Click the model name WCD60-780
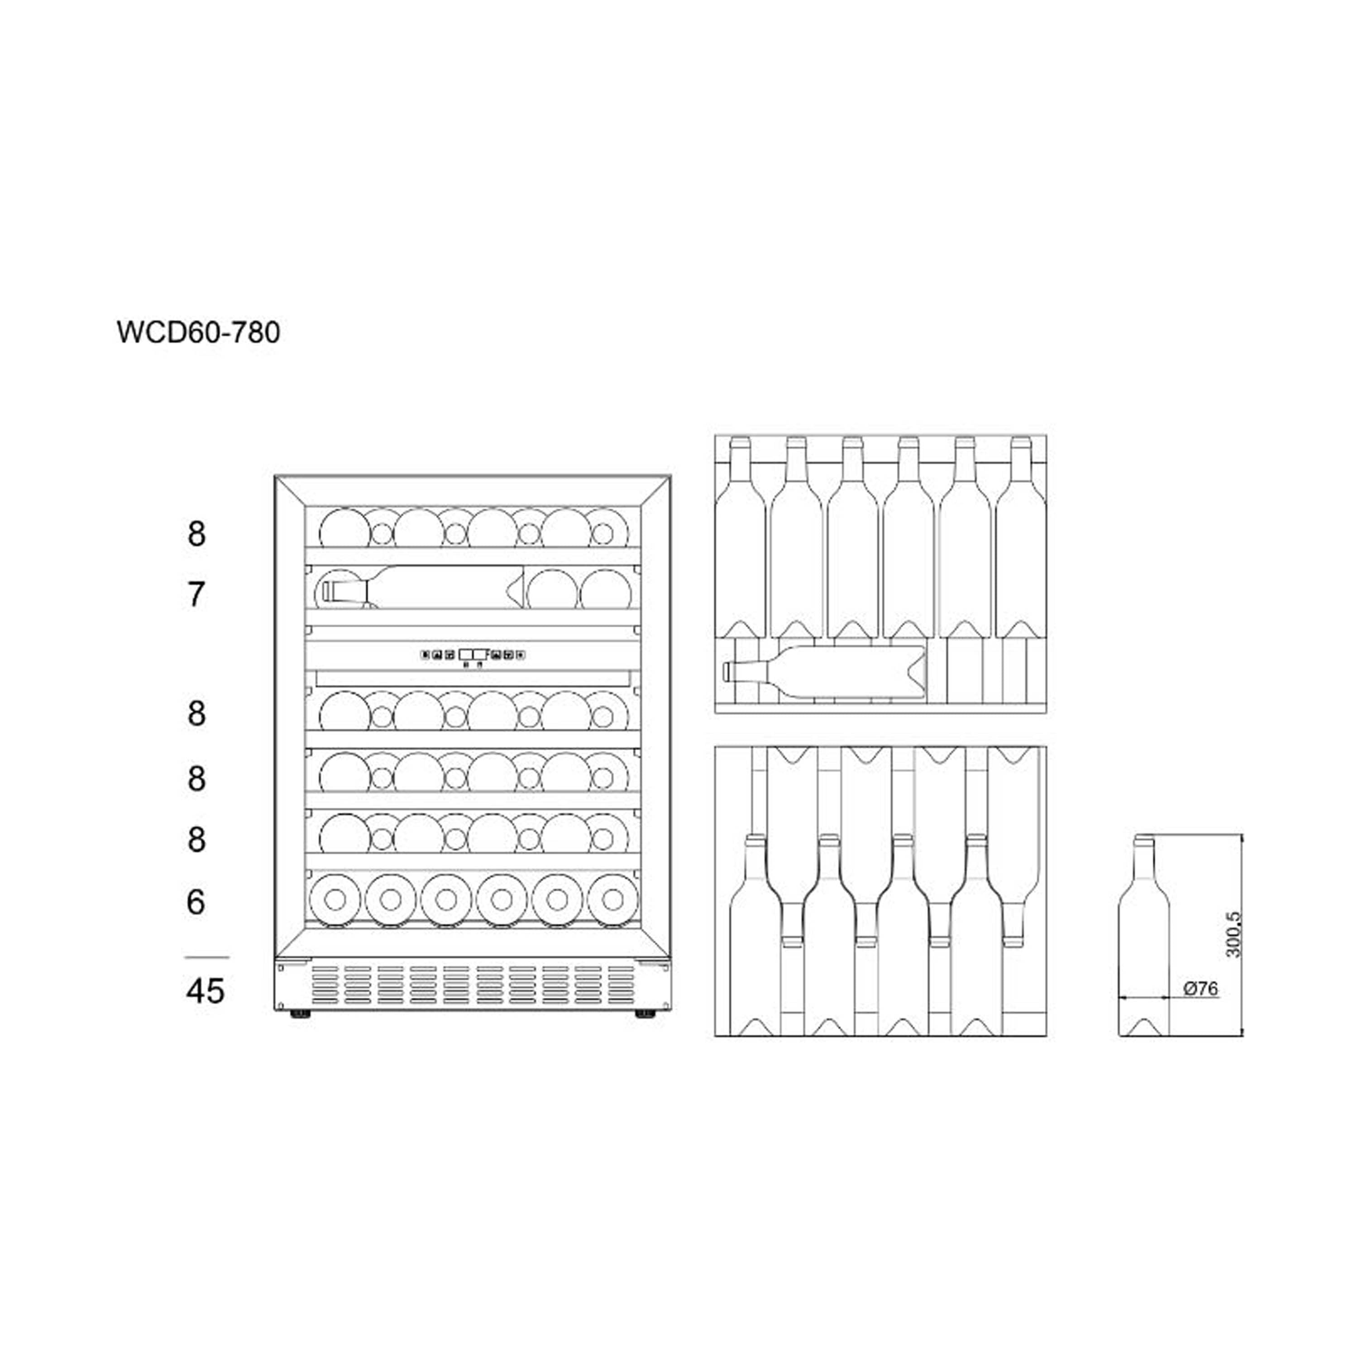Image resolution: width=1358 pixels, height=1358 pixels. point(198,332)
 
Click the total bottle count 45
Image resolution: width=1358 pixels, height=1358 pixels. point(205,991)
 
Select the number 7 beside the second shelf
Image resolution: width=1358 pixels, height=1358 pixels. point(196,595)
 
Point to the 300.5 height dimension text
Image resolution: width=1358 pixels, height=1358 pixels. point(1234,934)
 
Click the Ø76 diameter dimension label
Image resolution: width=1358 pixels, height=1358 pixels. point(1200,988)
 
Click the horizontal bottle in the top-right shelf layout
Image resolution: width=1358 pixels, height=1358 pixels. point(824,671)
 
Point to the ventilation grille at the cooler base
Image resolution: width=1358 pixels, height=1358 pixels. point(472,984)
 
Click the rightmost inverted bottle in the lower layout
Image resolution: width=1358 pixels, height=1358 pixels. point(1013,847)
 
